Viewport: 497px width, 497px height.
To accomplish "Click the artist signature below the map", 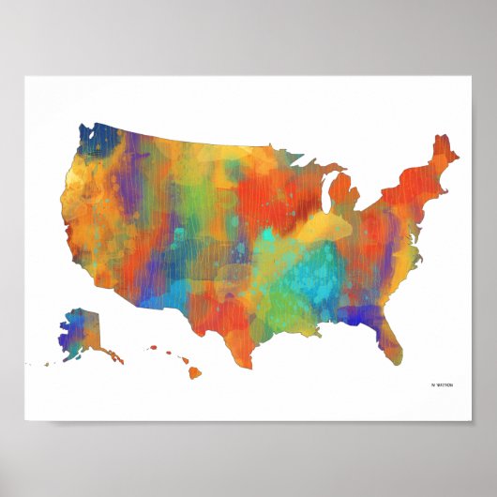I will pos(441,384).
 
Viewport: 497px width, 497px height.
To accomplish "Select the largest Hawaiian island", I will pos(195,372).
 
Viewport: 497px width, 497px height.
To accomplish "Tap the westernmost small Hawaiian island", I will pos(150,349).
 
